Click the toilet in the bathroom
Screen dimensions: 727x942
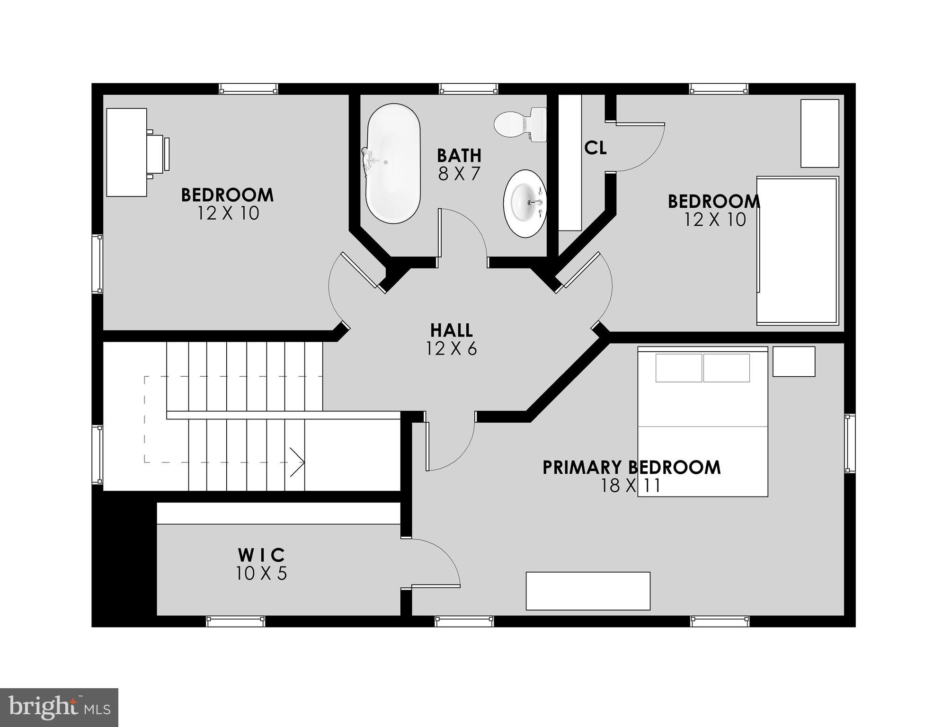click(x=519, y=124)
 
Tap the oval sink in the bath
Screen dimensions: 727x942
click(x=525, y=203)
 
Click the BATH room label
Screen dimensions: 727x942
click(x=459, y=155)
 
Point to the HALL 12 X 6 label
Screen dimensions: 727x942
click(x=451, y=339)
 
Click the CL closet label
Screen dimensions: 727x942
click(x=595, y=148)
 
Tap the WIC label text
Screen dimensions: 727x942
click(x=261, y=554)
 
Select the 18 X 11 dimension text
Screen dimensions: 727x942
click(x=631, y=486)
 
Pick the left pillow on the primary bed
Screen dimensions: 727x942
click(x=678, y=368)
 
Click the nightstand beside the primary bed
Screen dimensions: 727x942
click(x=793, y=362)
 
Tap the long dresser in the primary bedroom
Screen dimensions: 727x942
click(x=587, y=591)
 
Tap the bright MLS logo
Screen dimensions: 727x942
click(x=59, y=707)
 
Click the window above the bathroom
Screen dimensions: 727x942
click(x=468, y=89)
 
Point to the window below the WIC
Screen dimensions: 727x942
click(x=235, y=621)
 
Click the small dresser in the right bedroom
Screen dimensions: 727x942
click(x=819, y=133)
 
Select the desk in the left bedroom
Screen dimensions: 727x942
click(x=126, y=152)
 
